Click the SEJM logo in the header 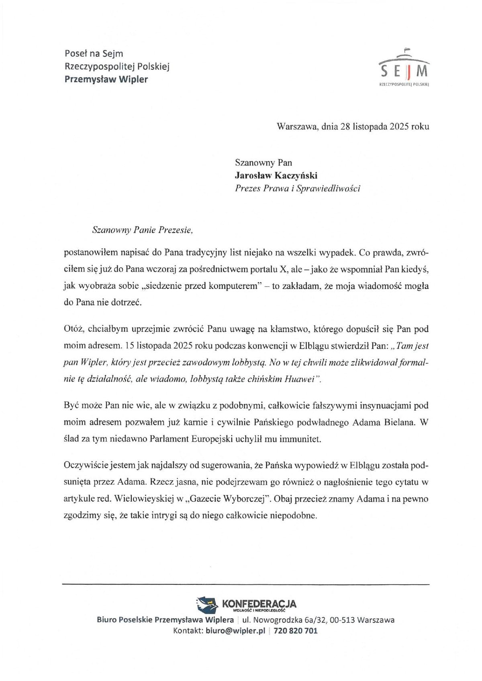click(404, 68)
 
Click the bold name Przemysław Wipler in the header click(106, 79)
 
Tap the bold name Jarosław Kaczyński click(276, 175)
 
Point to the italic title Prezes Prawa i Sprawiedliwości click(297, 188)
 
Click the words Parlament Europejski click(196, 439)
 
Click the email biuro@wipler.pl click(235, 631)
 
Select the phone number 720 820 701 click(295, 631)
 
